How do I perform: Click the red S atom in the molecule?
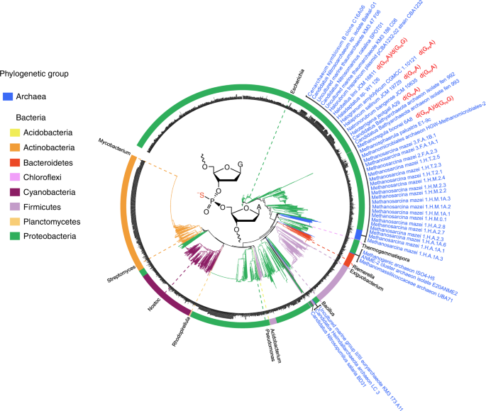[199, 193]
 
